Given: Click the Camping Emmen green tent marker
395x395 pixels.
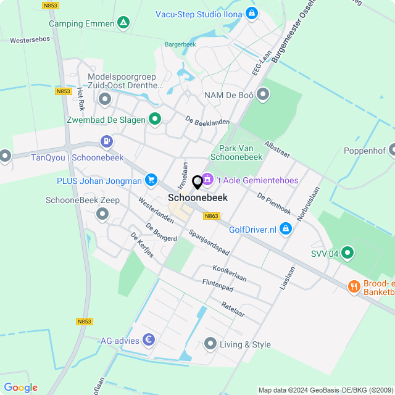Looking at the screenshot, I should [124, 23].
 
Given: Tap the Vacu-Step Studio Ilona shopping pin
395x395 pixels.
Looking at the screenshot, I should [251, 12].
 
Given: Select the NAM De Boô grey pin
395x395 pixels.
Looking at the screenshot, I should [264, 95].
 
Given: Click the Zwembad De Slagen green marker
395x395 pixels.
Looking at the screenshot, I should [154, 119].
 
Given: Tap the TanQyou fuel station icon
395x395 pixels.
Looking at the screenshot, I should [107, 141].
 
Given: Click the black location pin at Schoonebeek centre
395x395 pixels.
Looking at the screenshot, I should [197, 183].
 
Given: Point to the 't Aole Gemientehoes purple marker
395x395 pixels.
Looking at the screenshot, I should [207, 180].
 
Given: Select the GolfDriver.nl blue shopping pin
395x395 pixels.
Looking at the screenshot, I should [285, 230].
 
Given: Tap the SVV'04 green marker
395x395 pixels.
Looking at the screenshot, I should [347, 252].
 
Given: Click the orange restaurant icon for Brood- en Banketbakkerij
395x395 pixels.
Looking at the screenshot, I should [354, 286].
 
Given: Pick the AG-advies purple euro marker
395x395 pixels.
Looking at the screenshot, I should [148, 339].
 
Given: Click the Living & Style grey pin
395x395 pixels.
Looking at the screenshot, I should [210, 344].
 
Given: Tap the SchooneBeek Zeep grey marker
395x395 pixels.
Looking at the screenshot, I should [102, 214].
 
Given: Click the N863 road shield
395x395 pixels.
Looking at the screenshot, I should [211, 216].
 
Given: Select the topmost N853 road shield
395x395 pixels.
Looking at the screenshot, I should [51, 6].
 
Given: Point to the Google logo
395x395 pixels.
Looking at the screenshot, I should [21, 388].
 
